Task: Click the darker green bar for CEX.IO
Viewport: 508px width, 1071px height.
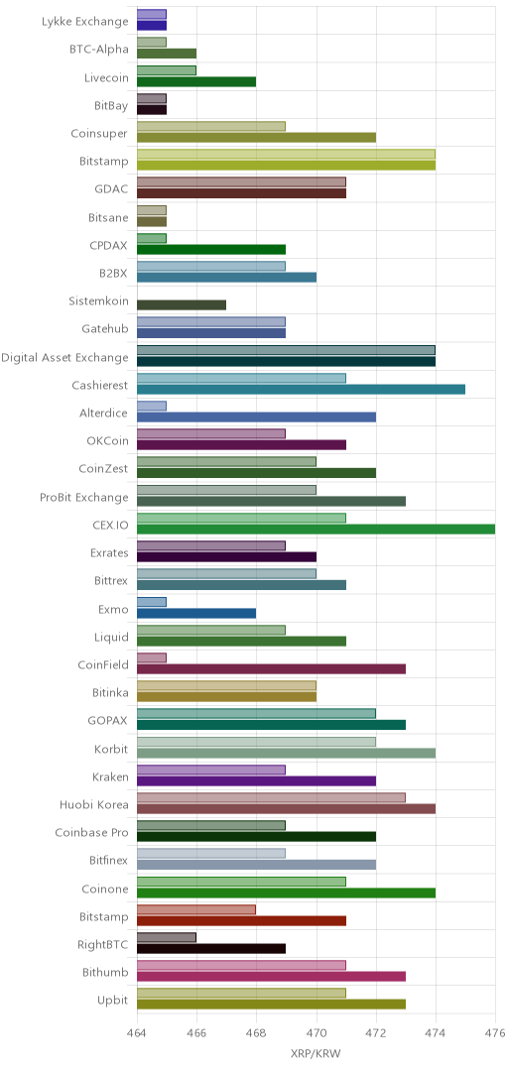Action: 316,529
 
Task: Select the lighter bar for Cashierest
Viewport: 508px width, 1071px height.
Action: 241,378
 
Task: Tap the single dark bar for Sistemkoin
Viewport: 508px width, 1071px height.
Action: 182,304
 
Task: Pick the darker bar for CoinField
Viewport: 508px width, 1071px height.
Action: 271,668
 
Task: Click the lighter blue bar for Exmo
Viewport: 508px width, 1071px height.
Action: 152,602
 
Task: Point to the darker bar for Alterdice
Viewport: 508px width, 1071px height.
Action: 256,416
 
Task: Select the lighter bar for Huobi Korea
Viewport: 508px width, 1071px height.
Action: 271,797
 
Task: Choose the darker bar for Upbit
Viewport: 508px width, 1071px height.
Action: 271,1004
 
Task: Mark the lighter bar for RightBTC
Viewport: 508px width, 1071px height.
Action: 166,938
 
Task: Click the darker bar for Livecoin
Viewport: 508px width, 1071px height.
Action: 196,82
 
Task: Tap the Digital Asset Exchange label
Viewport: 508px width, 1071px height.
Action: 64,357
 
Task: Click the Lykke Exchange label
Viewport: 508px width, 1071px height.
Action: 84,21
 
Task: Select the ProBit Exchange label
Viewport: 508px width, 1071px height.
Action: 84,497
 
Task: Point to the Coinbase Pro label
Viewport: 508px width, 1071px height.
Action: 91,833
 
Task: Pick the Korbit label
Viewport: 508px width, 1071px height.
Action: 111,749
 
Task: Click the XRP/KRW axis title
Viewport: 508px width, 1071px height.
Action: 316,1053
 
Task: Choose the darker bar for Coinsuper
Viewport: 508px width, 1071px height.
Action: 256,137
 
